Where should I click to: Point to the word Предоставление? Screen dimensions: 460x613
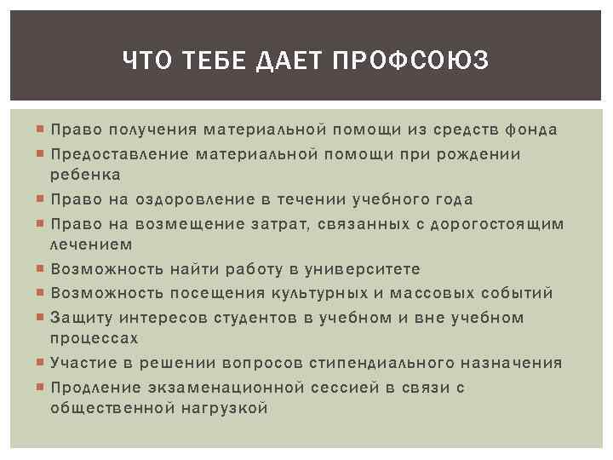click(119, 154)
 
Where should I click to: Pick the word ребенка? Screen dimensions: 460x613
click(85, 175)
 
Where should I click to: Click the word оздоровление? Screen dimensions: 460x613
click(174, 199)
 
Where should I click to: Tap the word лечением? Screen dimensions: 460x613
click(91, 244)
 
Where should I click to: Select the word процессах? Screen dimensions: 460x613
click(95, 338)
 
